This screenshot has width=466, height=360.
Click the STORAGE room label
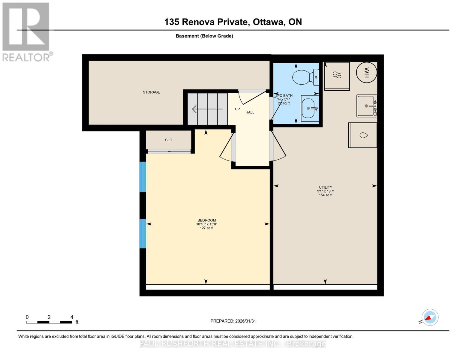pyautogui.click(x=151, y=92)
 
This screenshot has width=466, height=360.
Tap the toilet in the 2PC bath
pyautogui.click(x=305, y=77)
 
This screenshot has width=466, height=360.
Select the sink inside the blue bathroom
pyautogui.click(x=310, y=108)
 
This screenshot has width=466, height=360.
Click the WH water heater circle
pyautogui.click(x=366, y=72)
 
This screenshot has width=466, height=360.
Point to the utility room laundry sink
pyautogui.click(x=366, y=106)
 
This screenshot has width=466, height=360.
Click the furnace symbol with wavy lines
pyautogui.click(x=337, y=75)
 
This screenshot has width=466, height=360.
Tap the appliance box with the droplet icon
pyautogui.click(x=363, y=135)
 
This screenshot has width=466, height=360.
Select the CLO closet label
pyautogui.click(x=169, y=140)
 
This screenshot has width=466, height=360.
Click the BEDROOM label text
pyautogui.click(x=206, y=220)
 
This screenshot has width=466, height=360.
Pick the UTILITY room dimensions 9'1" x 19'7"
pyautogui.click(x=326, y=191)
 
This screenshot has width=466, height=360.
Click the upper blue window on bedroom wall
pyautogui.click(x=143, y=177)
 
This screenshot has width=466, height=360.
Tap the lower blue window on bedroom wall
pyautogui.click(x=143, y=233)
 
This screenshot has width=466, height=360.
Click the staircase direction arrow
pyautogui.click(x=207, y=109)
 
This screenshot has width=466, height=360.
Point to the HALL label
pyautogui.click(x=250, y=112)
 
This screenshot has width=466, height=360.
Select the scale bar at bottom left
pyautogui.click(x=49, y=322)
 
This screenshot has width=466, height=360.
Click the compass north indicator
pyautogui.click(x=430, y=317)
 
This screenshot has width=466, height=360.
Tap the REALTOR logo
pyautogui.click(x=26, y=31)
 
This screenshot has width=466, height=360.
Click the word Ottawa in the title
pyautogui.click(x=269, y=22)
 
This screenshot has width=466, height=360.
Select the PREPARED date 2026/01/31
pyautogui.click(x=233, y=321)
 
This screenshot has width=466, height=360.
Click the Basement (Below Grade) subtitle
pyautogui.click(x=204, y=36)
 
